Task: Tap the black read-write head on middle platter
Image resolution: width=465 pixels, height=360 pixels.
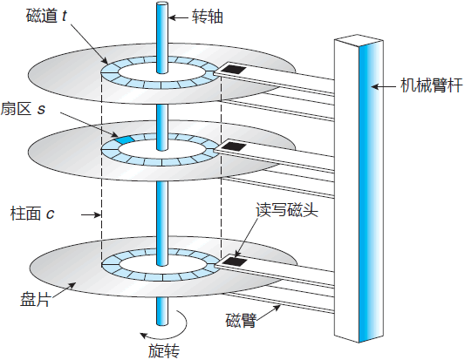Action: [x=232, y=147]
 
